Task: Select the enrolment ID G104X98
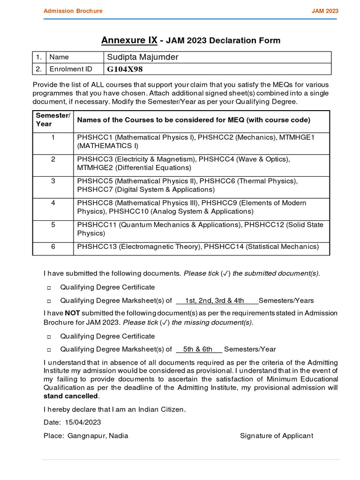(125, 69)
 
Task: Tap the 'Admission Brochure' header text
(73, 11)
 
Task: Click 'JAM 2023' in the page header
(325, 11)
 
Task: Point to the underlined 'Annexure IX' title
(129, 40)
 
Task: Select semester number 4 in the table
(53, 203)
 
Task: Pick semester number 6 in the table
(53, 247)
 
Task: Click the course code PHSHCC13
(95, 247)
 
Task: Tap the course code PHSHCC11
(95, 225)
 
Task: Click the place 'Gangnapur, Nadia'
(97, 435)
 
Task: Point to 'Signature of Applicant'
(276, 435)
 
